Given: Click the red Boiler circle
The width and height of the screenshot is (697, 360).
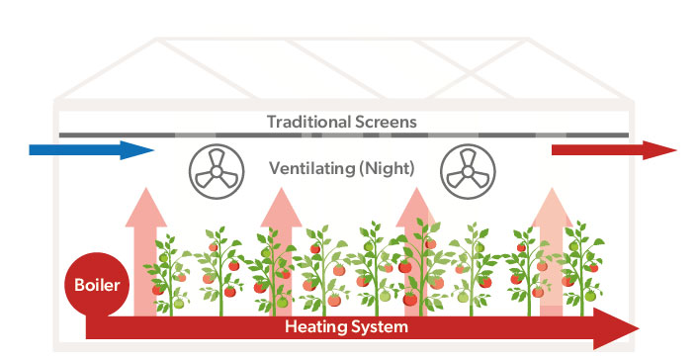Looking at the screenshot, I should pyautogui.click(x=96, y=286).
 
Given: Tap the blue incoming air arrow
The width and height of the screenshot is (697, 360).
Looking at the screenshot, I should pyautogui.click(x=89, y=150).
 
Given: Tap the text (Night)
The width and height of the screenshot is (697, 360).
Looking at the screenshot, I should pyautogui.click(x=388, y=168).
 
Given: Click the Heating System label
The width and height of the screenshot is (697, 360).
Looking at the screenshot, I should pyautogui.click(x=346, y=326).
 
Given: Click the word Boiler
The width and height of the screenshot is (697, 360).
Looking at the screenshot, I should pyautogui.click(x=96, y=287).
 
